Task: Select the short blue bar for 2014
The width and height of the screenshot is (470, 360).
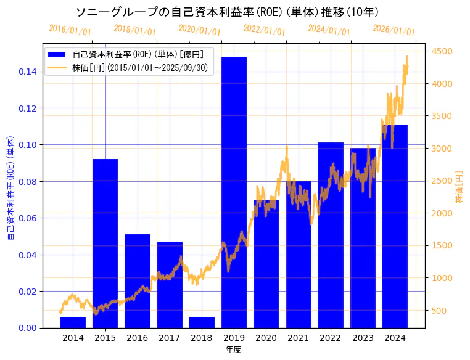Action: click(x=73, y=322)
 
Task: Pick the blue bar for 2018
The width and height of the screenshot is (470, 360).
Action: click(x=202, y=322)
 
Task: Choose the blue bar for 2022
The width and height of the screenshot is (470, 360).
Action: click(x=331, y=235)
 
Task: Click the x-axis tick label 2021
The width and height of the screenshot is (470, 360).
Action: click(x=298, y=338)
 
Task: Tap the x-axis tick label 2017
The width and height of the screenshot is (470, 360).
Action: click(x=169, y=338)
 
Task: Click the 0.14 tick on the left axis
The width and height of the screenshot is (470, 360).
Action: click(x=27, y=72)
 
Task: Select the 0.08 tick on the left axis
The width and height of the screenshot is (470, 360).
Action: click(x=27, y=181)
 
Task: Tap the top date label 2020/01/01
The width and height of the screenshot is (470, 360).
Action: click(x=199, y=30)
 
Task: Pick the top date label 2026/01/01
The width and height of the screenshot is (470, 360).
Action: click(x=394, y=30)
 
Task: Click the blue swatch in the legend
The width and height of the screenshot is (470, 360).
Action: click(x=59, y=54)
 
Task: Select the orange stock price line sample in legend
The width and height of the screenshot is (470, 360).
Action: click(x=59, y=67)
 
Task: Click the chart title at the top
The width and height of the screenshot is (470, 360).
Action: click(x=227, y=12)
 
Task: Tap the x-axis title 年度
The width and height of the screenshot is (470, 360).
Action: click(x=233, y=350)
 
